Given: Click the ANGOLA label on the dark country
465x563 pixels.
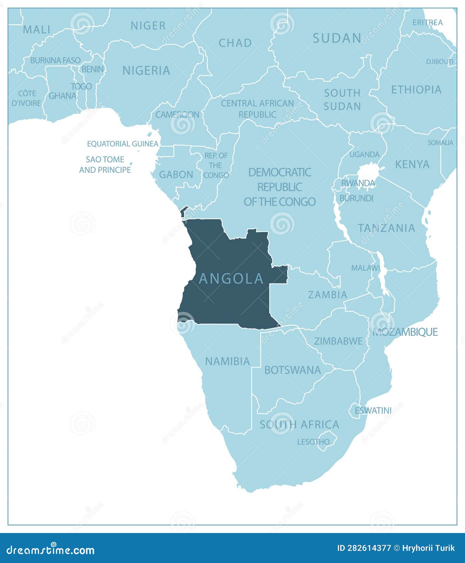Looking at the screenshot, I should pos(231,279).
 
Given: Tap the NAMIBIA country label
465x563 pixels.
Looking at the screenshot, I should pos(227,361).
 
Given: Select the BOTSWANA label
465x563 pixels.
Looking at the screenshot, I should pos(293,370).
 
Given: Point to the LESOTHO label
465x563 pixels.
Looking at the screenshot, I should pos(313,442).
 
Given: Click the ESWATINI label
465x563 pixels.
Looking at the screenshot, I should pos(373,410).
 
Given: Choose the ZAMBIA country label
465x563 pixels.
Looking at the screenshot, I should pos(328,294).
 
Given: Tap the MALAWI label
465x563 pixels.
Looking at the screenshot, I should pos(365,268).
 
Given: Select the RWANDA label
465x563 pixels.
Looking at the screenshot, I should pos(358,183).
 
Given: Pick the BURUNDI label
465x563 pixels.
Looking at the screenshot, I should pos(356,198).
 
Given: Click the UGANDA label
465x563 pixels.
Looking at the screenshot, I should pos(364,155).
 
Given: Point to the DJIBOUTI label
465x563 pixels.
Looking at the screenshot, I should pos(440,62).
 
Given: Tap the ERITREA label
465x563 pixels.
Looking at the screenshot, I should pos(427,23).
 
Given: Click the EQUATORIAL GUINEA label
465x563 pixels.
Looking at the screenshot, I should pos(122,144).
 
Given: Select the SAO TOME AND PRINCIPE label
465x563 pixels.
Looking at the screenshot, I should pos(105,165).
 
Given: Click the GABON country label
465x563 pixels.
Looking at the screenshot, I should pos(176,175).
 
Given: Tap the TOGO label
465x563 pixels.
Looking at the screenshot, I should pos(81,86).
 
